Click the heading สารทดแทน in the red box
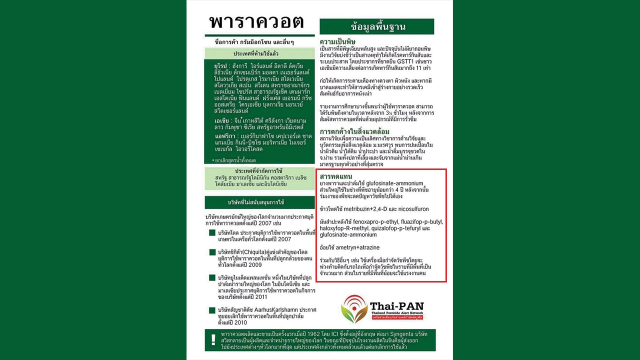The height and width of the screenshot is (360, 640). point(336,176)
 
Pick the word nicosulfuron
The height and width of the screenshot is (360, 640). point(413,209)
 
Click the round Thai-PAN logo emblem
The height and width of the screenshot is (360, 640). point(354,309)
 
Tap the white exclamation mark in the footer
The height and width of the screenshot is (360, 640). point(213,339)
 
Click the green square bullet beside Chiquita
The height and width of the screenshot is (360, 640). point(212,252)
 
